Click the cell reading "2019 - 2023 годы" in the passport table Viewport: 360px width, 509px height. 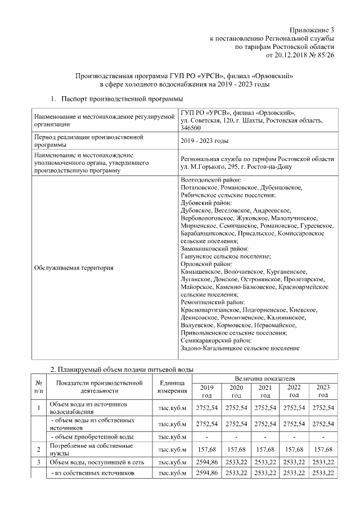(204, 140)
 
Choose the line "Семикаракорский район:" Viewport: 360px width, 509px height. (216, 341)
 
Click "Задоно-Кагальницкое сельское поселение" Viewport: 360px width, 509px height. (240, 349)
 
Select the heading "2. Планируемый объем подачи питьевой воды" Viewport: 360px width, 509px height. (121, 370)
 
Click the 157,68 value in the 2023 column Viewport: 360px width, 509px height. (323, 449)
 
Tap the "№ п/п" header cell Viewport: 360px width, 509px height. (38, 386)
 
